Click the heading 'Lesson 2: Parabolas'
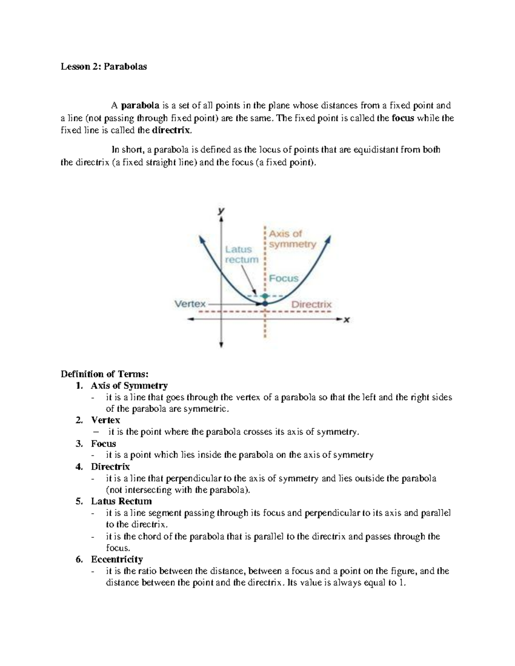pos(103,66)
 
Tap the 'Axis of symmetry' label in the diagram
pos(292,239)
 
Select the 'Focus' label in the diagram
pos(284,278)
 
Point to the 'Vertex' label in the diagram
pos(190,304)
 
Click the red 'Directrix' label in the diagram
pos(312,304)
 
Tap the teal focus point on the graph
pos(265,296)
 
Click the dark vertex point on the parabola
pos(265,303)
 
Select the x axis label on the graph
pos(347,319)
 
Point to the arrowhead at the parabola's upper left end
pos(200,238)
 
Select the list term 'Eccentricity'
pos(117,559)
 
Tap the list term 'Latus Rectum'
pos(121,501)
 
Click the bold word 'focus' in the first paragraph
pos(403,118)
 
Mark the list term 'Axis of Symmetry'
pos(129,385)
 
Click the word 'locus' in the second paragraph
pos(269,150)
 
